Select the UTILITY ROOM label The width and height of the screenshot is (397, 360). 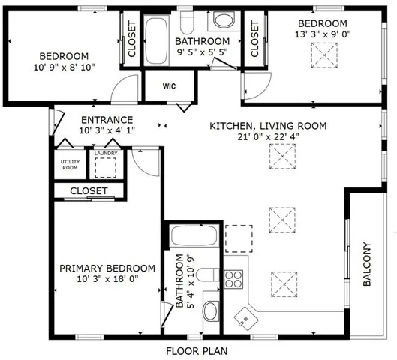(69, 164)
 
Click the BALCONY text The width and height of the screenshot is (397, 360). (367, 263)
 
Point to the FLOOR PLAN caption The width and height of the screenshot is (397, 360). (197, 350)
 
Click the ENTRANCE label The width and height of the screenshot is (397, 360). (107, 120)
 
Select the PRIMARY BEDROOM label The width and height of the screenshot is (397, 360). (107, 268)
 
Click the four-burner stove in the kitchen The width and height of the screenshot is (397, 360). (234, 279)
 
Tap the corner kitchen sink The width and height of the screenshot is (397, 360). (245, 317)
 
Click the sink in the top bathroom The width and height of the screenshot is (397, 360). (224, 20)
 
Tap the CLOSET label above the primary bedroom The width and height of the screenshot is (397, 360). (89, 191)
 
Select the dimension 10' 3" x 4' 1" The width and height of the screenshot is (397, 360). (107, 131)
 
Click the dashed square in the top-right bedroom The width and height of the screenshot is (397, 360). (324, 55)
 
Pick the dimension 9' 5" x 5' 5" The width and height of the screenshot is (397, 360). (202, 52)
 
